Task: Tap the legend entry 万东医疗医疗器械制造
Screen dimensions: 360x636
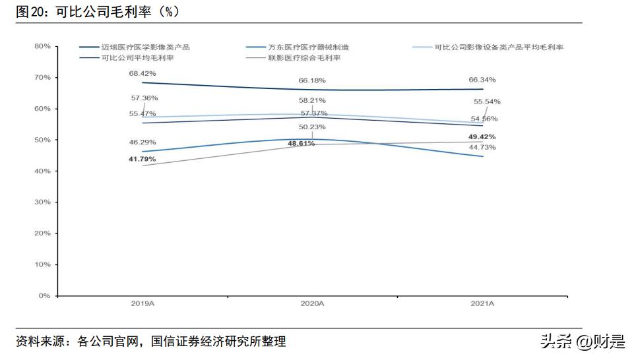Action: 308,47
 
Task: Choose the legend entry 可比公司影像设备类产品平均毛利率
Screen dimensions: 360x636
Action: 499,47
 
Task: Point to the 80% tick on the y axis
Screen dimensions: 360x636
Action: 42,46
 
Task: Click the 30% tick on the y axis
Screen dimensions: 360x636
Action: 42,202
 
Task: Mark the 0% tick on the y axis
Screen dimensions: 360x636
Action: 44,296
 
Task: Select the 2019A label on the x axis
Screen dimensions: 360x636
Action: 143,304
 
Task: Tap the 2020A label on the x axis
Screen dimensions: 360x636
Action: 312,304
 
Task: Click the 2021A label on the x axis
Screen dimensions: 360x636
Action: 482,304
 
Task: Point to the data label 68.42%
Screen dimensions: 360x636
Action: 143,73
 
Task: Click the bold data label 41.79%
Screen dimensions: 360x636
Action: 143,159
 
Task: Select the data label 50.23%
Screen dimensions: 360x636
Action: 312,127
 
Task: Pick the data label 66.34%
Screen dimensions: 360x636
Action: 482,80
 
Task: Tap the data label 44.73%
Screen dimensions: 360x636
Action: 482,147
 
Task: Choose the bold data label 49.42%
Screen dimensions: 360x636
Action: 482,136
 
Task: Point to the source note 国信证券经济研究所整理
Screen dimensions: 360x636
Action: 218,342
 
